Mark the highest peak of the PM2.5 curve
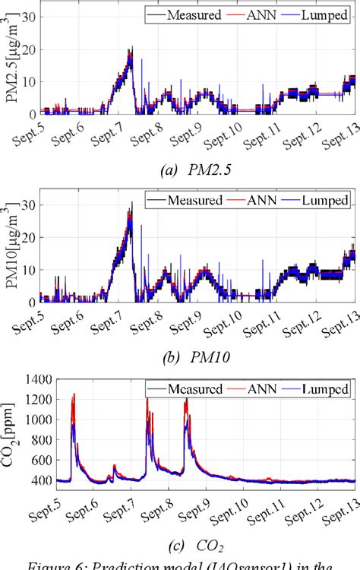tap(131, 49)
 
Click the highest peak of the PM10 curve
tap(131, 204)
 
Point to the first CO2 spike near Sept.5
tap(74, 396)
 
